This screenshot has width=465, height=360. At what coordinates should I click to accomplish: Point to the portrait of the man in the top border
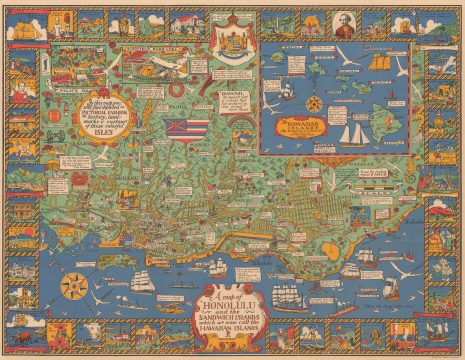[x=308, y=22]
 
